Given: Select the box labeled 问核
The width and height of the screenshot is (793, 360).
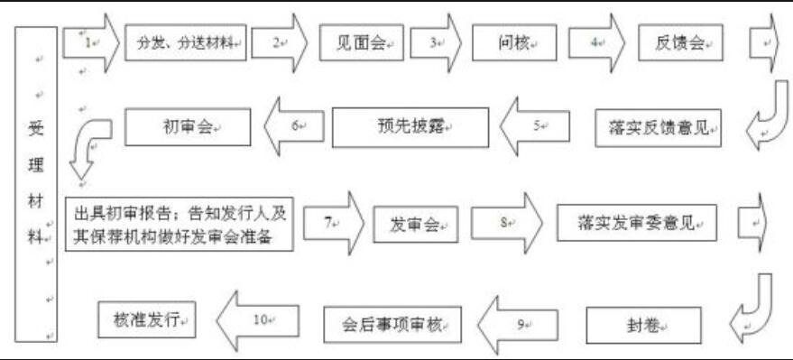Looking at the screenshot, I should pos(515,42).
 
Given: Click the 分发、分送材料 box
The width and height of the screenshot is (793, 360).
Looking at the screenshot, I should pos(185,42).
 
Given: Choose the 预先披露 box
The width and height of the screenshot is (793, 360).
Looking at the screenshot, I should pos(410,127).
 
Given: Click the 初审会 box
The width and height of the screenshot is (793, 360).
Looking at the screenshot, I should pos(186,126).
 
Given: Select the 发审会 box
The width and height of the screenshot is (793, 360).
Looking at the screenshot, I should pos(415,222).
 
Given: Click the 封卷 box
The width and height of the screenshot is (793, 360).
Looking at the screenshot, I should pos(643,323).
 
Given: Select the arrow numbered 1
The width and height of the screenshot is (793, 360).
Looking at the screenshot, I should pos(91,42).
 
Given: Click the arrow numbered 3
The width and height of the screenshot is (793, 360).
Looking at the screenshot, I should pos(437,42).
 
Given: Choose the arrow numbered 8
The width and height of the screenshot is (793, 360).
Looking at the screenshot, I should pos(506,221).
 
